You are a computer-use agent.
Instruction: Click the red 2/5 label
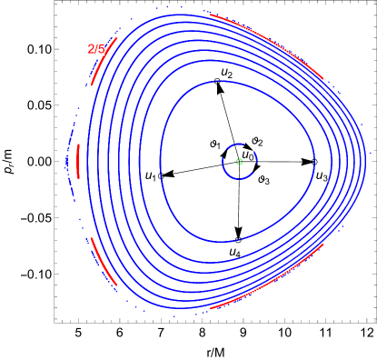(96, 48)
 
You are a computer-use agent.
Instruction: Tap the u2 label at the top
(227, 71)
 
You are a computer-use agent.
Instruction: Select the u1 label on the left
(151, 173)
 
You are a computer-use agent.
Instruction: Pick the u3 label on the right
(322, 174)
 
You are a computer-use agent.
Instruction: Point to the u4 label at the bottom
(234, 250)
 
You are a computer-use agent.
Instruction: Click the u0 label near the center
(247, 155)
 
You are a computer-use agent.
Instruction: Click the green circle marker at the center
(239, 161)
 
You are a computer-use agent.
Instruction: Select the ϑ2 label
(257, 140)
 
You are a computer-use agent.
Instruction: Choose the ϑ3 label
(263, 177)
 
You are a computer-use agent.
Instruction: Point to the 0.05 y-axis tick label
(38, 105)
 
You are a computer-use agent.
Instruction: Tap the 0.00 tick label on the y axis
(38, 161)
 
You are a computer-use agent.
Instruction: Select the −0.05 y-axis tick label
(35, 217)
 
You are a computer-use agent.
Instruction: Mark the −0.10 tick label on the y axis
(35, 274)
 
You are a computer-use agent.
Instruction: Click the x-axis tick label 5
(78, 334)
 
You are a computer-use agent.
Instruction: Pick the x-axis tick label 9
(243, 334)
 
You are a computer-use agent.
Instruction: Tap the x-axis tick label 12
(366, 334)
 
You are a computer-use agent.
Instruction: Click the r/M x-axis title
(215, 352)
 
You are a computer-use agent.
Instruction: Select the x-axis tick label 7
(160, 334)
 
